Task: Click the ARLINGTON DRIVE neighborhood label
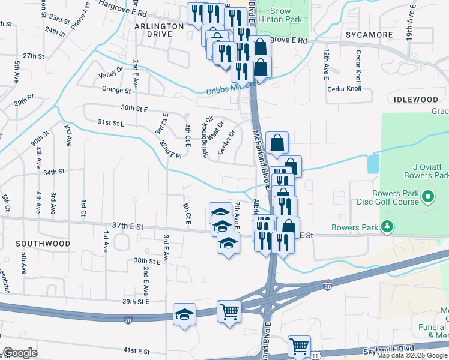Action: coord(159,30)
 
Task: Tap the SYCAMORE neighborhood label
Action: coord(369,35)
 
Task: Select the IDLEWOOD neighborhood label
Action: coord(413,98)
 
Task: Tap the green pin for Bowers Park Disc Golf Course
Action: coord(428,196)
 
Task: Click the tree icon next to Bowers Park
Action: coord(388,227)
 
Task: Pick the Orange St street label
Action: coord(116,90)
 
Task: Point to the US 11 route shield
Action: coord(316,355)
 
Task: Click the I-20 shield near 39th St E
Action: coord(128,318)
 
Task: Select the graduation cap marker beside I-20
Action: coord(184,313)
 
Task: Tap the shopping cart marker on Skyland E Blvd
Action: coord(298,346)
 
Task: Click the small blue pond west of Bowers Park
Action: coord(373,162)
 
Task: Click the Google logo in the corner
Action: coord(20,353)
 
